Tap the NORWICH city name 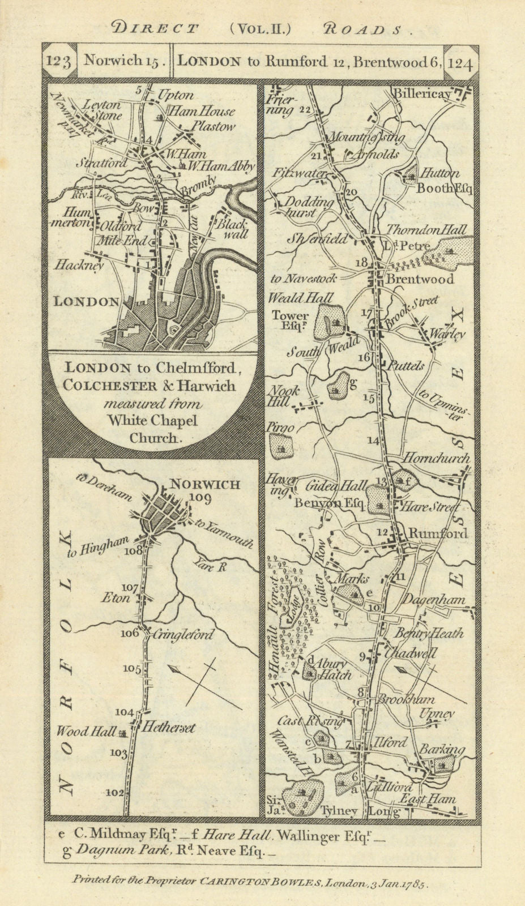tap(205, 485)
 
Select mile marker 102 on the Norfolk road tap(115, 793)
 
